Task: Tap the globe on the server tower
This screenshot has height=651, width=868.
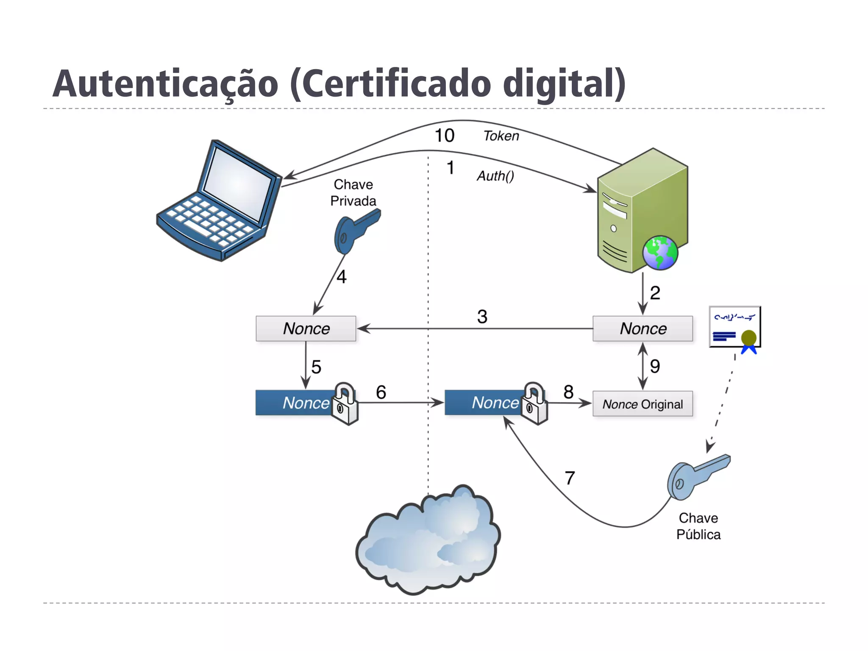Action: click(x=660, y=253)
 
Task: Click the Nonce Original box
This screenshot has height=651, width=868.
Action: click(x=643, y=404)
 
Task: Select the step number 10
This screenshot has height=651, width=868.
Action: click(x=445, y=136)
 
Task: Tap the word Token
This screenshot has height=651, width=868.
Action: click(x=501, y=136)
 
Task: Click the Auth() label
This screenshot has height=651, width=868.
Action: click(x=495, y=175)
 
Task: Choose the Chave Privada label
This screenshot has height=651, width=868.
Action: click(x=353, y=192)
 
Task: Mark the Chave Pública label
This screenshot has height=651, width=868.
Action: click(x=698, y=526)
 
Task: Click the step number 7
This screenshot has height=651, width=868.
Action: click(x=570, y=478)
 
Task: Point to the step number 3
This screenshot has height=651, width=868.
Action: click(x=482, y=317)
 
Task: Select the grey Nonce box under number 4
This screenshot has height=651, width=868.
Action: click(x=306, y=328)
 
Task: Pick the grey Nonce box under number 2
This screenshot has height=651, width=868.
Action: click(x=643, y=328)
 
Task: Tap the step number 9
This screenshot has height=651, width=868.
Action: click(x=655, y=366)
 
